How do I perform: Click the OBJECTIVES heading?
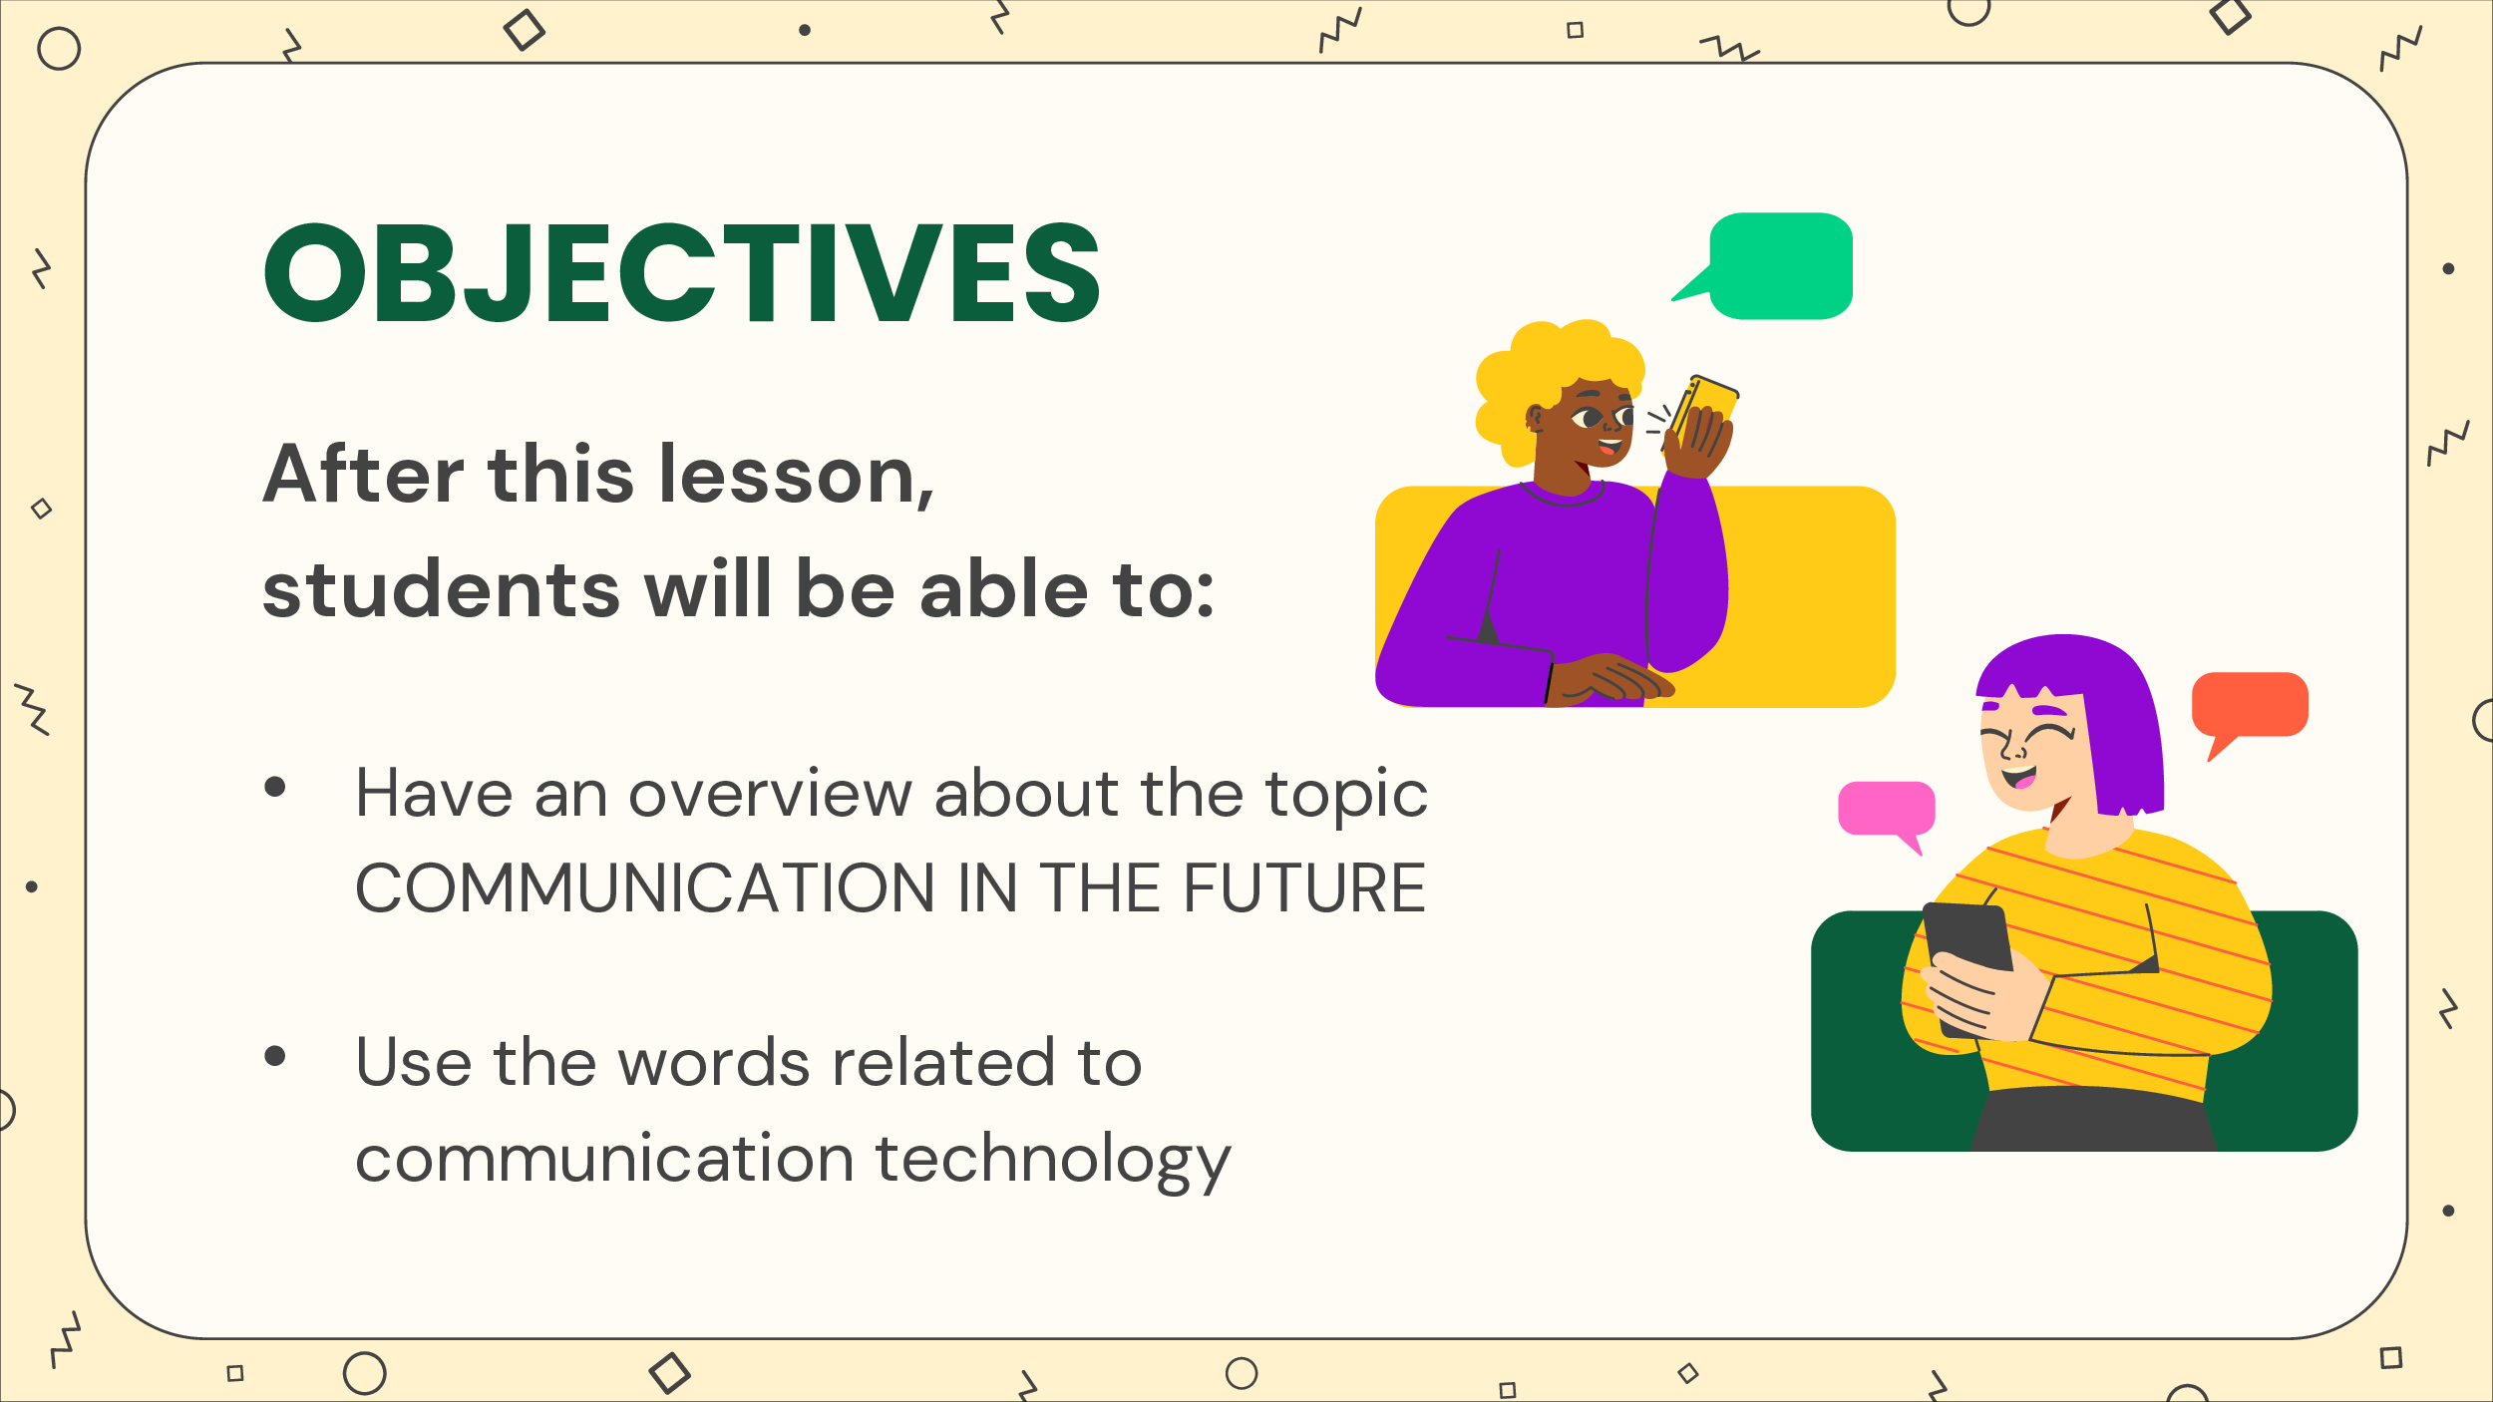click(682, 272)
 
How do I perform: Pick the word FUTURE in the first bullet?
click(1304, 888)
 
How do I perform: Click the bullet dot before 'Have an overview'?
click(275, 787)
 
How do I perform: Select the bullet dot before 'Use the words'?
click(275, 1056)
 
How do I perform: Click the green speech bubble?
click(1775, 265)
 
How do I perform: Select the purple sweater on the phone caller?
click(1556, 588)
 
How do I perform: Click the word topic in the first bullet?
click(1346, 796)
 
